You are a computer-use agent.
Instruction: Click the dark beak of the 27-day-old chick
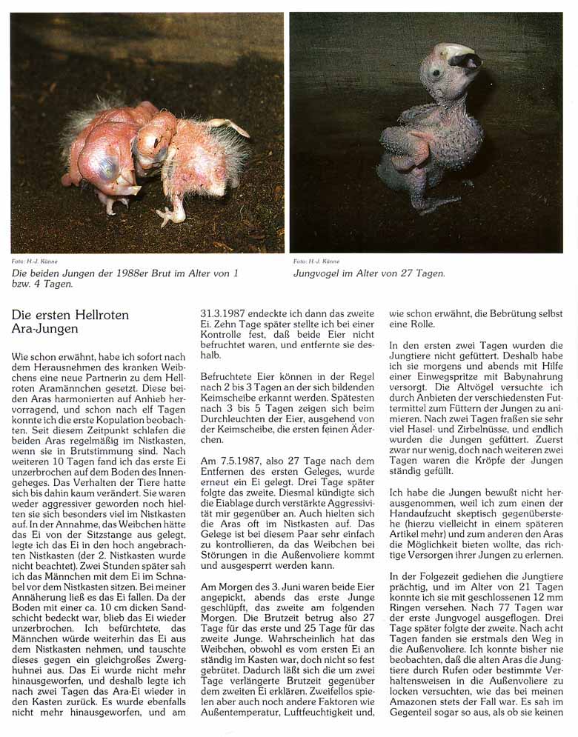pos(468,62)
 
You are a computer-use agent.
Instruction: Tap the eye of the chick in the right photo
pos(437,73)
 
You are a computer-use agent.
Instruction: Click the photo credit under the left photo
pos(35,261)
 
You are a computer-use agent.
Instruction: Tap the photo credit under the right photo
pos(316,261)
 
